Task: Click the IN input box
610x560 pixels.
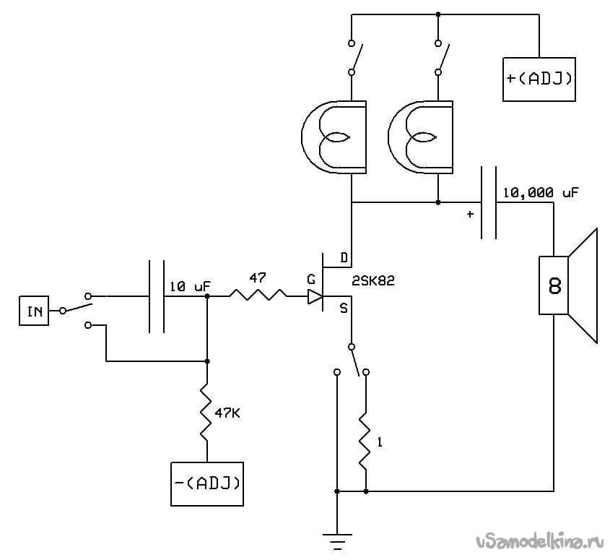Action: tap(34, 311)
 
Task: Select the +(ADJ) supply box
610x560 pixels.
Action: tap(539, 79)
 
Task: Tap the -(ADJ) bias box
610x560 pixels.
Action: tap(207, 484)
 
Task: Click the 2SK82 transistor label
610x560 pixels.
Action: tap(373, 281)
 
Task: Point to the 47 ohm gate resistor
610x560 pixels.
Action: tap(258, 296)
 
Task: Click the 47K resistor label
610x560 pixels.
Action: tap(227, 413)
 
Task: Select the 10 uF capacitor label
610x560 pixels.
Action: tap(190, 287)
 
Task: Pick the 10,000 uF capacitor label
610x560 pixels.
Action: tap(541, 192)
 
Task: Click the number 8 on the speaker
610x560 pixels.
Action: tap(554, 286)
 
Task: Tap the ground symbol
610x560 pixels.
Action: tap(337, 541)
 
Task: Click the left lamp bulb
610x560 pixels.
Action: tap(334, 137)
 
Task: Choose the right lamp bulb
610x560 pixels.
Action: tap(421, 137)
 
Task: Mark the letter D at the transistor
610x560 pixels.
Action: tap(344, 258)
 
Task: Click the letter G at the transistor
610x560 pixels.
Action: tap(311, 279)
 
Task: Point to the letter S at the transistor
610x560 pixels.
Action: tap(344, 309)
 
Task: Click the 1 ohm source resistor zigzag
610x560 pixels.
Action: tap(366, 439)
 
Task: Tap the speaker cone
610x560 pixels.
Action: tap(583, 286)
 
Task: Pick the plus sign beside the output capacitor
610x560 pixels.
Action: tap(471, 214)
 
